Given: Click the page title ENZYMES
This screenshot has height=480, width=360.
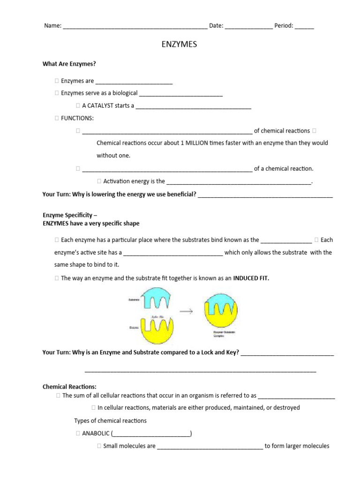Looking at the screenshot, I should [180, 45].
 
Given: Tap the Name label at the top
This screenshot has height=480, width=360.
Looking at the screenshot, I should [52, 26].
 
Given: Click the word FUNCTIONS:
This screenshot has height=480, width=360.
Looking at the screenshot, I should [77, 118].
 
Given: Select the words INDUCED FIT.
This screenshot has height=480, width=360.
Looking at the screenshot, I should [251, 278].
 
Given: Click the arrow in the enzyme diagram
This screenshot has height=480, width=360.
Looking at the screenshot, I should [186, 311].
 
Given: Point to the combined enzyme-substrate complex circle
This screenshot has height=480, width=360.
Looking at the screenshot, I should [223, 311].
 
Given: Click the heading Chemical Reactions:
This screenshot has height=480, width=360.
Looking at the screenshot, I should [69, 387].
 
